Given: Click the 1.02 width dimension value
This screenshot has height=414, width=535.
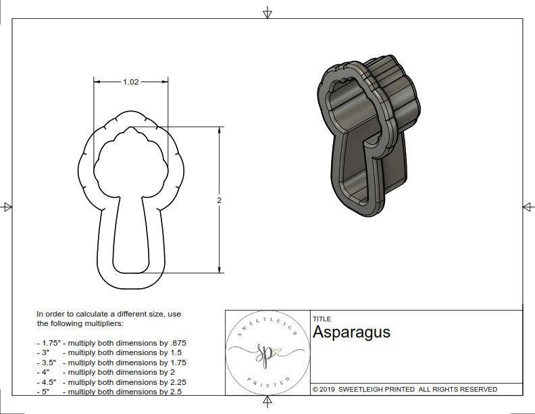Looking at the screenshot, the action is pyautogui.click(x=130, y=82).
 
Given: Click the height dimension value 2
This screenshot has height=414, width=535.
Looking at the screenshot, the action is pyautogui.click(x=219, y=200).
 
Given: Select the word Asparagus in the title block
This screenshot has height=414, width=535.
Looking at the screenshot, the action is pyautogui.click(x=351, y=333).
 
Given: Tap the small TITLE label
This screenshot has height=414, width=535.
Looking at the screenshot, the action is pyautogui.click(x=322, y=319).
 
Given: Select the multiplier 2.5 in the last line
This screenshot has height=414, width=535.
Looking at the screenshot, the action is pyautogui.click(x=176, y=392).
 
